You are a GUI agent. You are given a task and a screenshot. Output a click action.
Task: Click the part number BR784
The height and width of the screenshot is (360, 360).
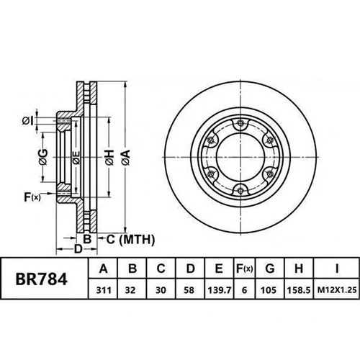(x=41, y=279)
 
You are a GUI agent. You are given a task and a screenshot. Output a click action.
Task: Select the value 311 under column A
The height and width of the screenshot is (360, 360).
(x=104, y=290)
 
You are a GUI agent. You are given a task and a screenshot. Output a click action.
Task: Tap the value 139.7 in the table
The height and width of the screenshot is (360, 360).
(x=220, y=290)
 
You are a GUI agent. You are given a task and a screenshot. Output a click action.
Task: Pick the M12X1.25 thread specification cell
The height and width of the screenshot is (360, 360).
(x=337, y=290)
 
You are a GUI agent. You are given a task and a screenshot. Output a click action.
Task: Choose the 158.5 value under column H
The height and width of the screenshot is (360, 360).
(x=299, y=290)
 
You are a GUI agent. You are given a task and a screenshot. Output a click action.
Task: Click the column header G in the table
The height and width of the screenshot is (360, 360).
(x=270, y=269)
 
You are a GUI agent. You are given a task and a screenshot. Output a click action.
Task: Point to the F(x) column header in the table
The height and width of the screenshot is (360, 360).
(x=244, y=269)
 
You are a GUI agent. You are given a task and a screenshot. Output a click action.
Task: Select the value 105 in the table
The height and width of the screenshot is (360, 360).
(x=269, y=290)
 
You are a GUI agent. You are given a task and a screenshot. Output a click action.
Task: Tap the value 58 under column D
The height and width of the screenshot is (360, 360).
(x=189, y=290)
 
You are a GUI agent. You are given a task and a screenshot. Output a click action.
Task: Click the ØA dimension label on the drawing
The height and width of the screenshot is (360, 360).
(x=126, y=158)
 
